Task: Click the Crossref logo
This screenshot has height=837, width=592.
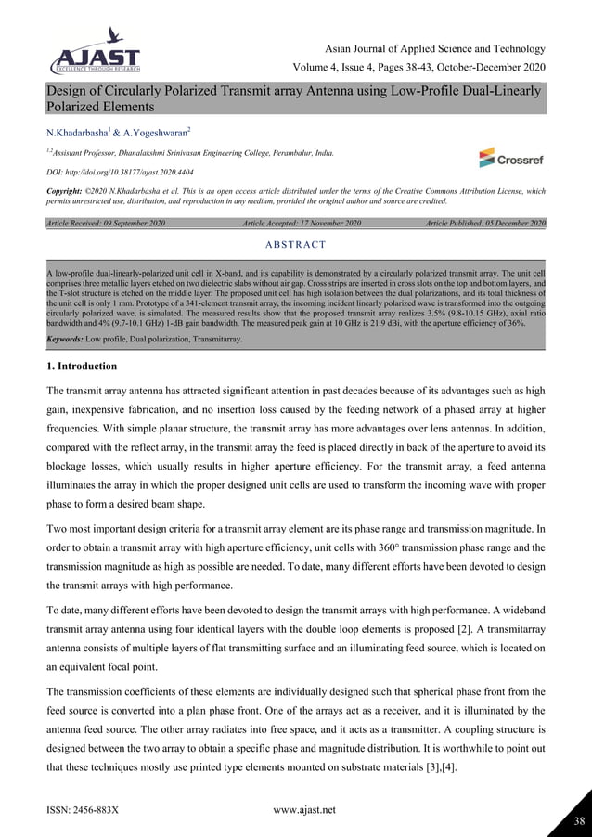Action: (x=509, y=159)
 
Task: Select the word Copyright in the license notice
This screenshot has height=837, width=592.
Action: (x=68, y=190)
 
